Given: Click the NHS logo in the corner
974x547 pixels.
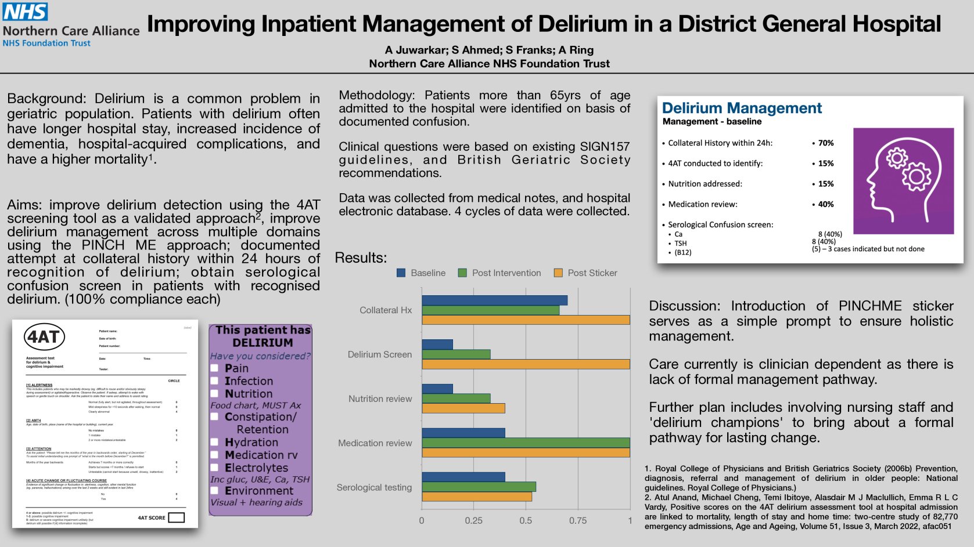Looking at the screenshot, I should [26, 11].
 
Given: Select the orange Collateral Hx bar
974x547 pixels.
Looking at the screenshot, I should [526, 320].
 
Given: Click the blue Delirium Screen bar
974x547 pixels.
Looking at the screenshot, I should [437, 345].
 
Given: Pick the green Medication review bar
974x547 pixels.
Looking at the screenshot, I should [526, 443].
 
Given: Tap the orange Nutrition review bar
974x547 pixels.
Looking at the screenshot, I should [463, 408].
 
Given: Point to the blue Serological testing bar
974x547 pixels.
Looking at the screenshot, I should [463, 477].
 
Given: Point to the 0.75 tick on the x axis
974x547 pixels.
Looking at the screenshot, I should [577, 520].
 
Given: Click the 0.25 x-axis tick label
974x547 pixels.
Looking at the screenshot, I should [473, 520].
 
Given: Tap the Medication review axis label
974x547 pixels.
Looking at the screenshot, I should [375, 443].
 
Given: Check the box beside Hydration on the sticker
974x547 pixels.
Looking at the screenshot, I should [214, 443].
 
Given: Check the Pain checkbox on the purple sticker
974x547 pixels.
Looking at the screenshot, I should [214, 368].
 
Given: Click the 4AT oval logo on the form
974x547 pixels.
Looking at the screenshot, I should [44, 337].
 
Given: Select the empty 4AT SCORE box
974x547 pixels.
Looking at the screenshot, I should [176, 517].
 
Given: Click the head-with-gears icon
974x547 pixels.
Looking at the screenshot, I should [903, 180].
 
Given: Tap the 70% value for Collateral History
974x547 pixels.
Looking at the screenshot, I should [826, 143].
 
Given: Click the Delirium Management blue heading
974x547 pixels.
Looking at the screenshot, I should [742, 108].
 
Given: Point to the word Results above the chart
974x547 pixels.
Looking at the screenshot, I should [360, 258].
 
